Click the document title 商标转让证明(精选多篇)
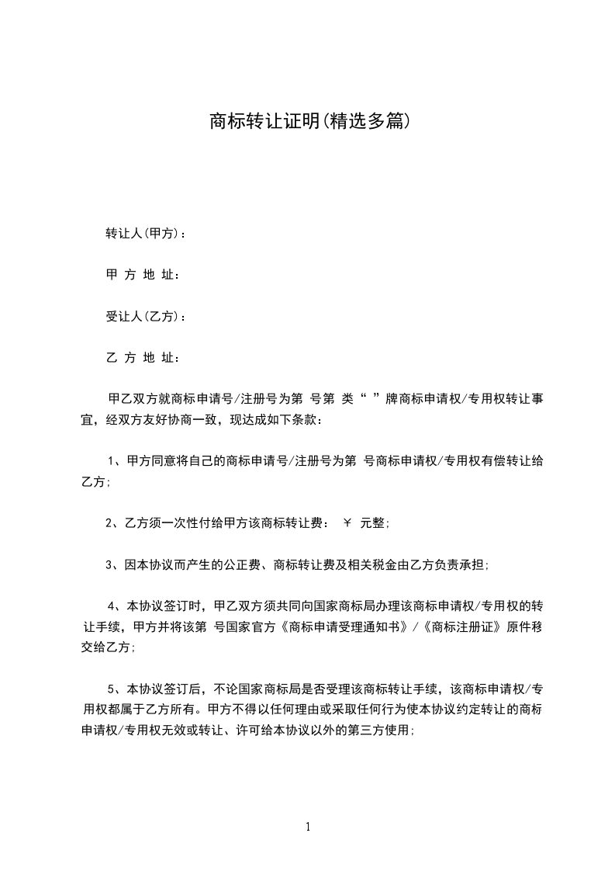pyautogui.click(x=309, y=121)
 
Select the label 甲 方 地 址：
pyautogui.click(x=143, y=275)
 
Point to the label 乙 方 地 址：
pyautogui.click(x=143, y=358)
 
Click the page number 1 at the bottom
pyautogui.click(x=308, y=827)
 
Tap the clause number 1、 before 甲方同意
pyautogui.click(x=113, y=461)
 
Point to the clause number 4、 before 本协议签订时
pyautogui.click(x=113, y=606)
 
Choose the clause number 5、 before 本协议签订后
pyautogui.click(x=113, y=689)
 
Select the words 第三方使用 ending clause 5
pyautogui.click(x=382, y=730)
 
